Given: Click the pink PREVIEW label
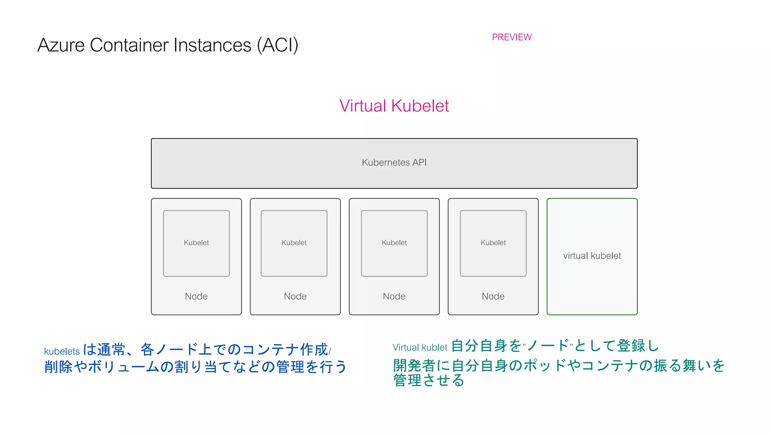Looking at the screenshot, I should (512, 37).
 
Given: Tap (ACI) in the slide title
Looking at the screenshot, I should (277, 45).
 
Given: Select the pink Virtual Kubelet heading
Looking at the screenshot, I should (394, 106).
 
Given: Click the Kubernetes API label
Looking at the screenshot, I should (394, 162).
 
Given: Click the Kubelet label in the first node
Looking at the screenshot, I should (196, 243).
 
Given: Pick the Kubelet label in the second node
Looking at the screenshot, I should (294, 243).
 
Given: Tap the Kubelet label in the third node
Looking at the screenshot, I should (394, 243).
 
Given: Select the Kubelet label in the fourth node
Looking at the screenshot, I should (493, 243).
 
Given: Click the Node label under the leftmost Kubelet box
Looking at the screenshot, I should (196, 296).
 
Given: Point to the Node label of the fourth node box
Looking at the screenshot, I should (493, 296).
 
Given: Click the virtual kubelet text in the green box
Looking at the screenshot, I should (592, 256).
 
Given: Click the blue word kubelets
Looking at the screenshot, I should (62, 351).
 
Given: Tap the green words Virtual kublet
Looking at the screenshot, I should (420, 347).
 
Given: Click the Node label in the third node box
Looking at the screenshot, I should (394, 296).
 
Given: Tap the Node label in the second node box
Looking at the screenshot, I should (295, 296).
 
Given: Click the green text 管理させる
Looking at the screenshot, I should (429, 381).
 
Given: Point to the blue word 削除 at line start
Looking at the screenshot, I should (58, 367).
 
